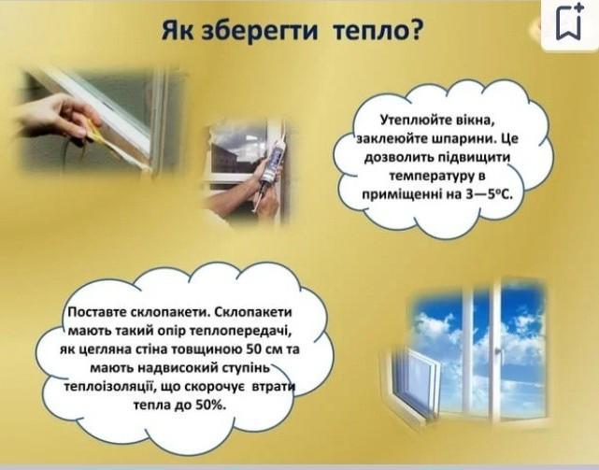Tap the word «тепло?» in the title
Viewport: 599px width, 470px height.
pos(378,31)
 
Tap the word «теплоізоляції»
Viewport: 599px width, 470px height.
pos(108,387)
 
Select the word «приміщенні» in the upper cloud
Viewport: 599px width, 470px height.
pos(398,195)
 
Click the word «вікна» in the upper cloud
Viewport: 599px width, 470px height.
pos(473,120)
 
